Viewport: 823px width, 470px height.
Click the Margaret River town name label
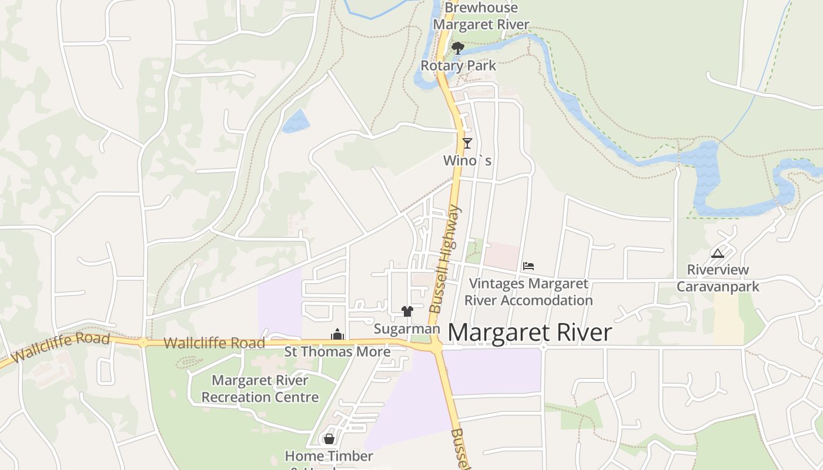[x=530, y=333]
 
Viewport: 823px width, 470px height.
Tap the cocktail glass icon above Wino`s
[x=467, y=143]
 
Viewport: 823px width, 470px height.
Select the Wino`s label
[x=467, y=160]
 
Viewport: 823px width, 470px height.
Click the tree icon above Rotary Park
[x=458, y=48]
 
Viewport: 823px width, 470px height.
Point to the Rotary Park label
[x=458, y=65]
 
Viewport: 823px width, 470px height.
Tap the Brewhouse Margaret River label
[x=481, y=16]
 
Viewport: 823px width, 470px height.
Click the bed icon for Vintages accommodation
[x=528, y=266]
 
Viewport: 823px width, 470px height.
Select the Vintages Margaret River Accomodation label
[x=528, y=292]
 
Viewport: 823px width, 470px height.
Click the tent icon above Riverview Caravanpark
[x=717, y=254]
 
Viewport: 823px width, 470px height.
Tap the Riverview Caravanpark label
[x=718, y=278]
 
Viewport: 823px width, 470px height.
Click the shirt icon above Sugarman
[x=407, y=311]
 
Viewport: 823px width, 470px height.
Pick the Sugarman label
[x=407, y=329]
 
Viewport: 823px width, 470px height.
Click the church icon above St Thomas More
[x=337, y=335]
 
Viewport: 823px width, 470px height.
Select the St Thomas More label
[x=337, y=352]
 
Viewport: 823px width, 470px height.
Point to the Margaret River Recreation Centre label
[x=260, y=389]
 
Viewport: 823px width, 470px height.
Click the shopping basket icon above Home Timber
[x=329, y=439]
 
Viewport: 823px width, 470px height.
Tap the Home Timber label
[x=329, y=456]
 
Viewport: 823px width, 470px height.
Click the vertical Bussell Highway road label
[x=444, y=258]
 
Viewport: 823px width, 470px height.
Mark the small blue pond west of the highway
[x=296, y=121]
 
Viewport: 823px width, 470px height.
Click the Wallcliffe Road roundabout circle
[x=143, y=343]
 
